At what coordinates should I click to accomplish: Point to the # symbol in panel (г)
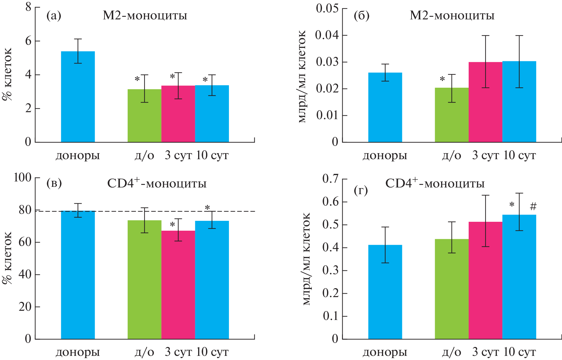[x=533, y=207]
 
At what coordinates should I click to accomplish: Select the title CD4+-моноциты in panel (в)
[x=157, y=183]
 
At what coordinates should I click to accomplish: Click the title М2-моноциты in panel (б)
[x=452, y=16]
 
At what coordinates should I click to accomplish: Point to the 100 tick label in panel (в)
[x=22, y=177]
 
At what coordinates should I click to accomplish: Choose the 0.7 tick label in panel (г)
[x=330, y=179]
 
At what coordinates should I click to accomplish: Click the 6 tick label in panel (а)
[x=28, y=41]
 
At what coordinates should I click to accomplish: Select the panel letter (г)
[x=361, y=190]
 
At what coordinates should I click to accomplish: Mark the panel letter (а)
[x=54, y=16]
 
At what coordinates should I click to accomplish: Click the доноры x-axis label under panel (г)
[x=385, y=352]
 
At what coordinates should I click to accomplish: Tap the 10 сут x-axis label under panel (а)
[x=212, y=155]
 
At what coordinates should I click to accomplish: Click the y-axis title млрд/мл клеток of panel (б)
[x=302, y=76]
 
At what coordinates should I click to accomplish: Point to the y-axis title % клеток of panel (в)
[x=7, y=257]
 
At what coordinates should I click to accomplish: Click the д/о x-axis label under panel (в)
[x=144, y=352]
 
